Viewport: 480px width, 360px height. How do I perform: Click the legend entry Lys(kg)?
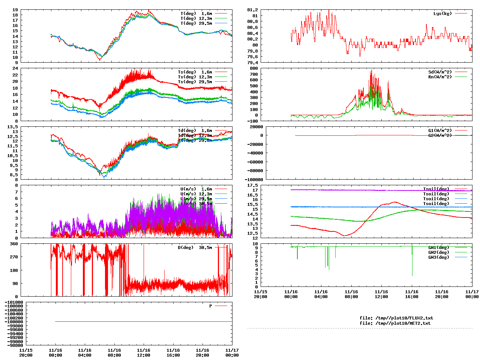point(442,13)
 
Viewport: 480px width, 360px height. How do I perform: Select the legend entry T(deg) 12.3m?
point(196,18)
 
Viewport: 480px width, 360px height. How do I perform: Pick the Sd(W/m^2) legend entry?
point(440,72)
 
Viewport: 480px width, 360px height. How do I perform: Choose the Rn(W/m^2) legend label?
point(440,77)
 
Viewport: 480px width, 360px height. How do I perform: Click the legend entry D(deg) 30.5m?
point(195,247)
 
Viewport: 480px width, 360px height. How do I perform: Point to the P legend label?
point(211,306)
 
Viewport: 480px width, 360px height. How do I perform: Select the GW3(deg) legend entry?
point(438,257)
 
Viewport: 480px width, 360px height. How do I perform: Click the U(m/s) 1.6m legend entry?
point(196,189)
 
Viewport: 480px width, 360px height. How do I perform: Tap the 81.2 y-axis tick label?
point(252,10)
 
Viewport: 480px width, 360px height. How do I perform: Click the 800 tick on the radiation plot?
point(254,68)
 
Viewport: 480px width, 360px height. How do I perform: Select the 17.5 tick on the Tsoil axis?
point(252,185)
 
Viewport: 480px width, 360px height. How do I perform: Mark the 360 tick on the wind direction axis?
point(14,244)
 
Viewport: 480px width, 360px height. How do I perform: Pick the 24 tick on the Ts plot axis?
point(15,68)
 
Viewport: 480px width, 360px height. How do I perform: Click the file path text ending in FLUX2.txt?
point(396,318)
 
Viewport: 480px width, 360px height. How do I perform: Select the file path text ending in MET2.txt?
point(395,323)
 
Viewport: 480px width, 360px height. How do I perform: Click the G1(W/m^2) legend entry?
point(440,130)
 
